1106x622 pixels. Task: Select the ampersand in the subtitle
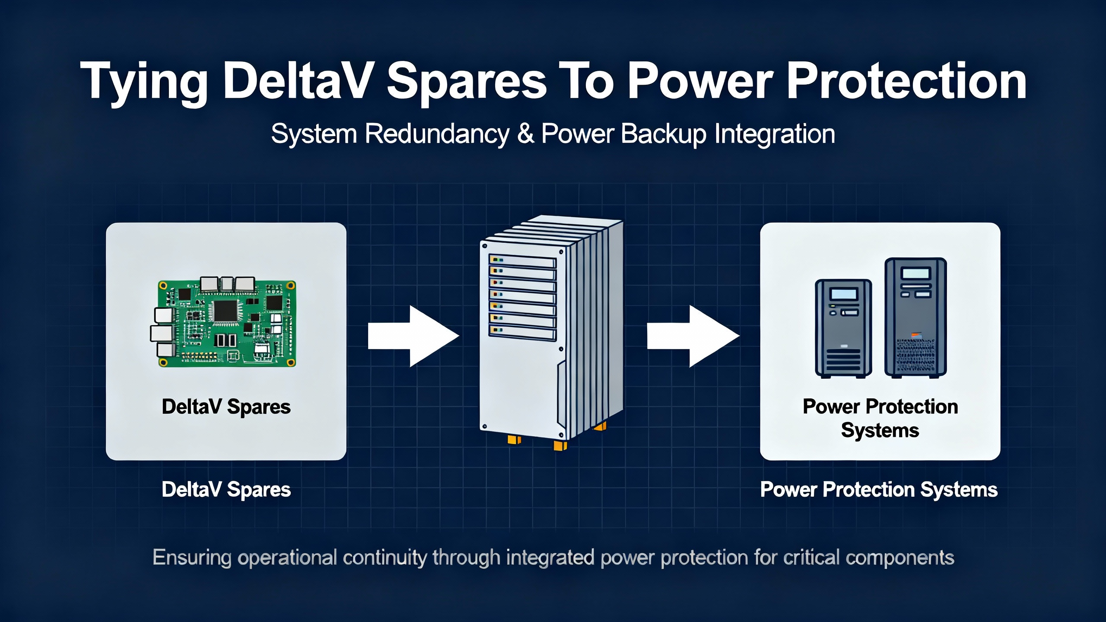[x=525, y=134]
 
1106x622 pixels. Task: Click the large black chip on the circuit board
[x=226, y=311]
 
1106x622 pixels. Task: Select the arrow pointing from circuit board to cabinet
[x=413, y=336]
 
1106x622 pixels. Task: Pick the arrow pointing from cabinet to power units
[x=693, y=336]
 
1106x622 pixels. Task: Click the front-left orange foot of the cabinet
[x=514, y=440]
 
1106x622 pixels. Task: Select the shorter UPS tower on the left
[x=843, y=328]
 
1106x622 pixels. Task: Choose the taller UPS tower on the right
[x=915, y=317]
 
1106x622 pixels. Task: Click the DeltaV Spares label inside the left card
[x=226, y=407]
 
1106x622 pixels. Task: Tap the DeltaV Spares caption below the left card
[x=226, y=490]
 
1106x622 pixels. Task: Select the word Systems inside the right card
[x=880, y=431]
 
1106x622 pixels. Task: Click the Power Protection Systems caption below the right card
[x=879, y=490]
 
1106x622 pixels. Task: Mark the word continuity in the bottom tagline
[x=385, y=558]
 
